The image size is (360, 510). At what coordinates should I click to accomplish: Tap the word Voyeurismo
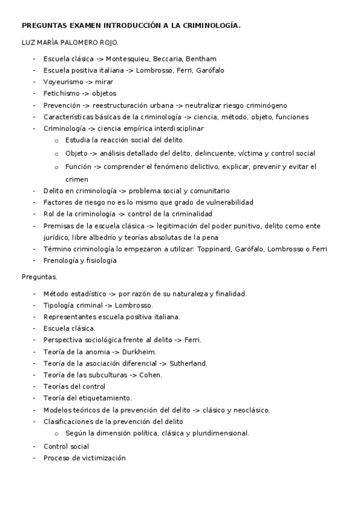point(63,82)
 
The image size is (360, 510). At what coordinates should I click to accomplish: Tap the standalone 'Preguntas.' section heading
point(39,277)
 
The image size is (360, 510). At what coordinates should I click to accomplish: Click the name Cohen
point(150,375)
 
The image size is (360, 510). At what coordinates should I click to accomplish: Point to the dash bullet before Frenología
point(35,260)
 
